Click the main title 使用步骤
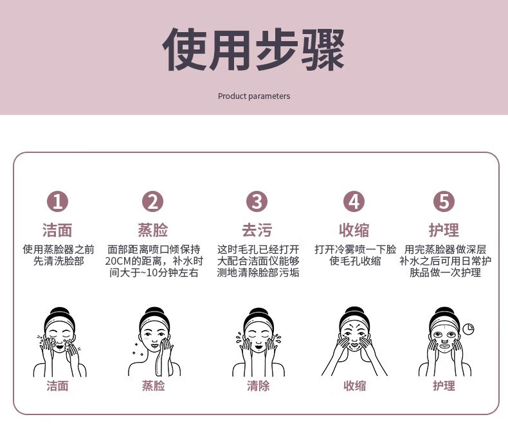[x=253, y=49]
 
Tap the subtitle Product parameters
[x=254, y=96]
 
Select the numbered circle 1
[x=57, y=201]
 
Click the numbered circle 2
[x=152, y=201]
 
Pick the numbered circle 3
[x=257, y=201]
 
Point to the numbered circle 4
[x=354, y=201]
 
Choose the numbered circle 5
[x=444, y=201]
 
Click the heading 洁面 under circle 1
[x=57, y=230]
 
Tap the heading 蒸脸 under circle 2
[x=153, y=230]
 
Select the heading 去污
[x=257, y=230]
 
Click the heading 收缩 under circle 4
[x=354, y=230]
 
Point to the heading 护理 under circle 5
[x=444, y=230]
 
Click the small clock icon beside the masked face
[x=468, y=329]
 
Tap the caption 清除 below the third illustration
[x=259, y=386]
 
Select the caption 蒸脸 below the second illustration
[x=153, y=386]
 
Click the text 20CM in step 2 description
[x=118, y=261]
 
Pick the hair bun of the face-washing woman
[x=59, y=313]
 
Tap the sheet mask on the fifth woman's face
[x=443, y=337]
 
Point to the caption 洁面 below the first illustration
[x=57, y=386]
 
